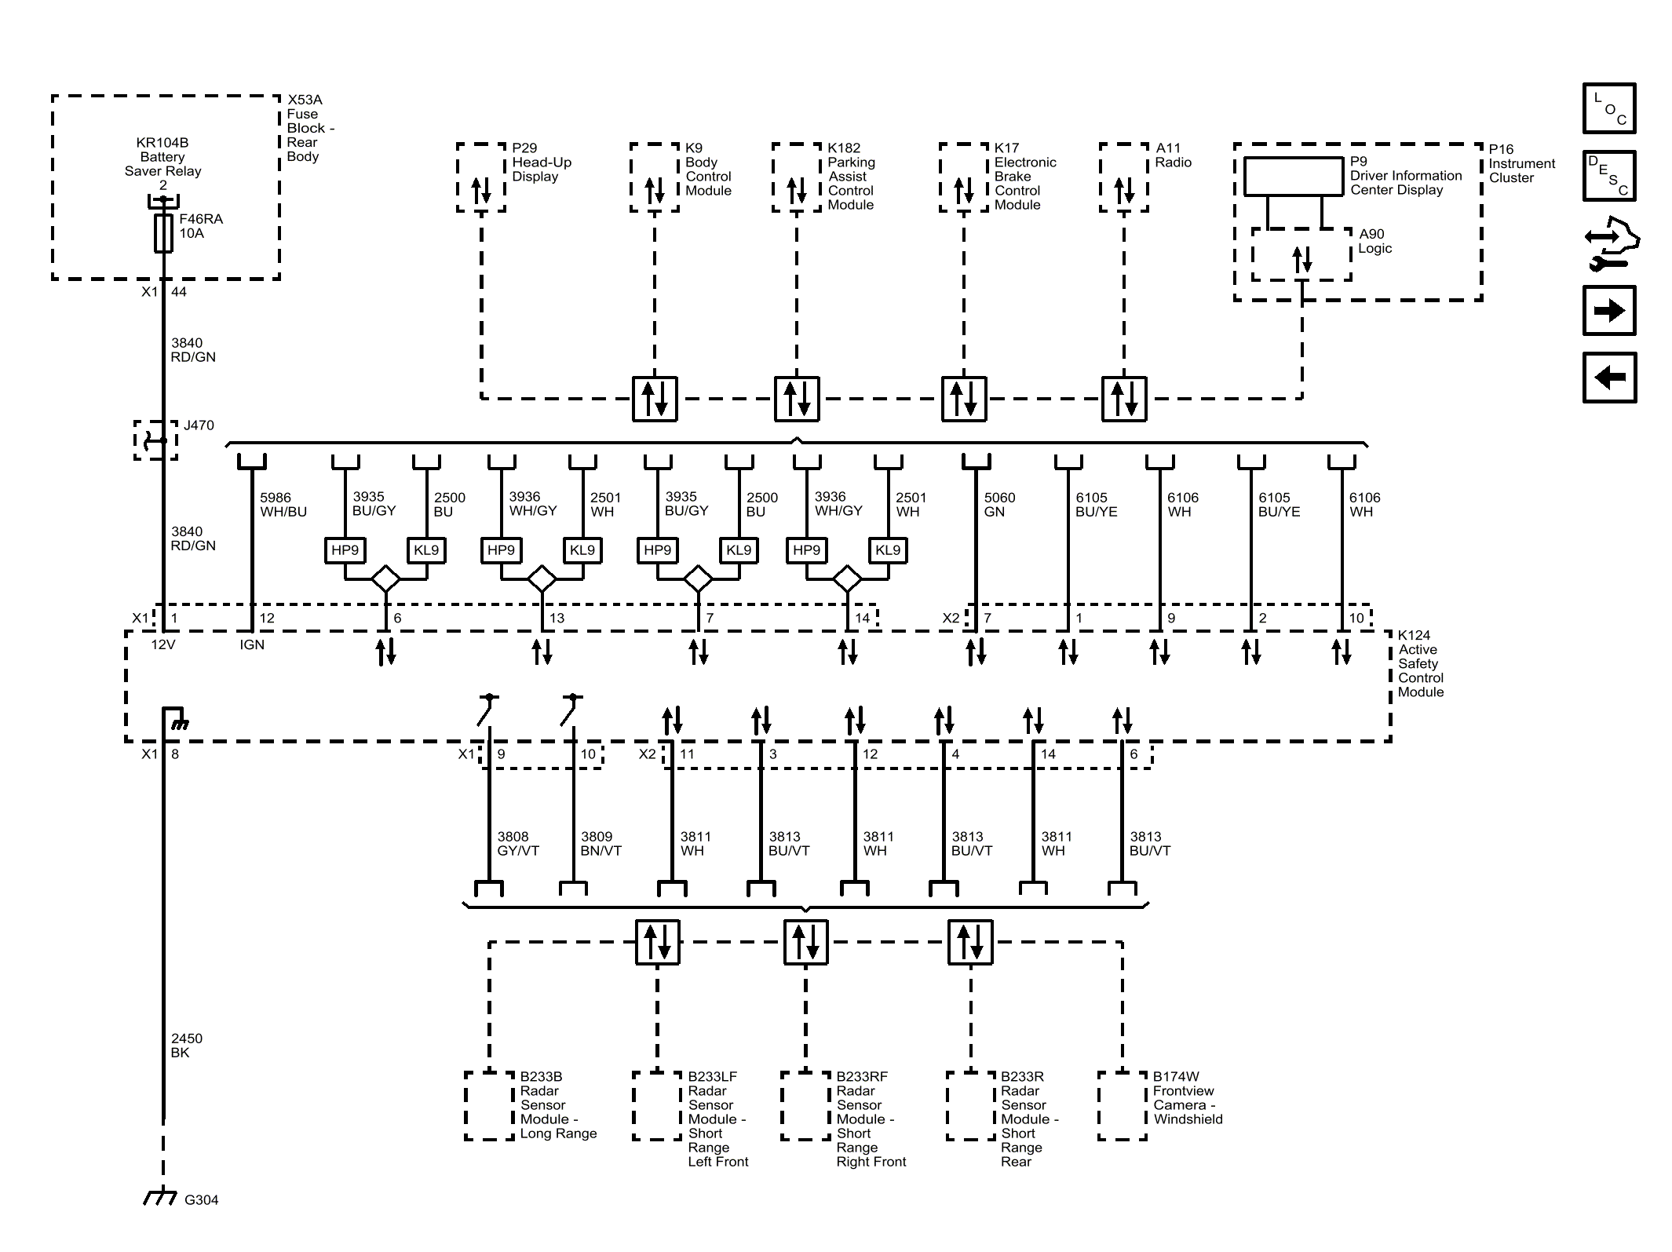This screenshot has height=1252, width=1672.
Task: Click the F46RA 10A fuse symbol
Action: pos(163,233)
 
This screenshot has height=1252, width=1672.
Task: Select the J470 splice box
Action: pos(155,440)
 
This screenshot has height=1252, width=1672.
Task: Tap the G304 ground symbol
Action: pos(160,1197)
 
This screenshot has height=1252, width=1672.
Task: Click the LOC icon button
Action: pos(1608,108)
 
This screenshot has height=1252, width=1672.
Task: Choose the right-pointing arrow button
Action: pos(1608,311)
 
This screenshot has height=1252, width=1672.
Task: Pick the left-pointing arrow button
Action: pos(1608,378)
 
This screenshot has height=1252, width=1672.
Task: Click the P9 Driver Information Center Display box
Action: pos(1293,177)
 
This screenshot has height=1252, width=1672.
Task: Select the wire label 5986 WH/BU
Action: pos(283,505)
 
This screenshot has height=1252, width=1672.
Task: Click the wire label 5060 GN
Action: pos(998,505)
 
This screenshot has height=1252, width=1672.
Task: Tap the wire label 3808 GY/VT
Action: pos(517,844)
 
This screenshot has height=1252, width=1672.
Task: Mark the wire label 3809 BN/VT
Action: pos(601,844)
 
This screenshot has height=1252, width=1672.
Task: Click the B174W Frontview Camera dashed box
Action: pos(1122,1105)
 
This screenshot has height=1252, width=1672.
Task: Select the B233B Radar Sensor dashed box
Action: pos(489,1105)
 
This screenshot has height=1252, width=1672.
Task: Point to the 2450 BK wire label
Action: pos(186,1046)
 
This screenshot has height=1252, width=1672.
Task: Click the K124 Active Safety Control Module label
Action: pos(1420,663)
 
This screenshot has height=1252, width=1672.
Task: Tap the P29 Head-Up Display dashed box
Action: pos(480,177)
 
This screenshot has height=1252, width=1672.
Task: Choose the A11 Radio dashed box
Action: pos(1123,177)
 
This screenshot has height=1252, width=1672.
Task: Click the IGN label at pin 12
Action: pos(252,644)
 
